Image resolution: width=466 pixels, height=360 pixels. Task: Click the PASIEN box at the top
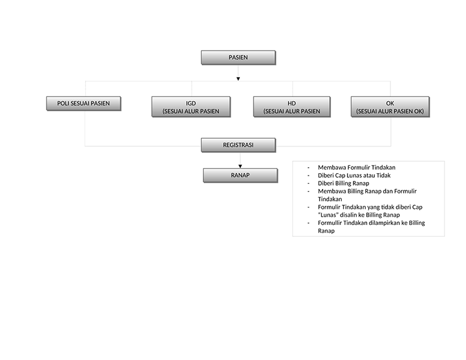pyautogui.click(x=238, y=57)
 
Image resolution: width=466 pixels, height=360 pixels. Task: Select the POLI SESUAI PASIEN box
pyautogui.click(x=83, y=104)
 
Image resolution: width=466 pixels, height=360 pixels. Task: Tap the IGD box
pyautogui.click(x=191, y=107)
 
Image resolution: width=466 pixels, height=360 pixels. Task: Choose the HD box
pyautogui.click(x=292, y=107)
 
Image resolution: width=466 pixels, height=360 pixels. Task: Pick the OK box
pyautogui.click(x=390, y=107)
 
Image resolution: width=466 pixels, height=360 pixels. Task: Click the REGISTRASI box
pyautogui.click(x=238, y=145)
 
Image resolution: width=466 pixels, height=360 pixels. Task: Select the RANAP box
pyautogui.click(x=240, y=176)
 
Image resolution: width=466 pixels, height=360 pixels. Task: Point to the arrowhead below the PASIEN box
pyautogui.click(x=238, y=79)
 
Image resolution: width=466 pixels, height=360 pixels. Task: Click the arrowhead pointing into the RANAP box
pyautogui.click(x=240, y=167)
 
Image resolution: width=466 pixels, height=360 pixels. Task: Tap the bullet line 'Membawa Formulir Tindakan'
pyautogui.click(x=356, y=168)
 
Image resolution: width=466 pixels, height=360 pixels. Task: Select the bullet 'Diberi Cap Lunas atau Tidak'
pyautogui.click(x=354, y=176)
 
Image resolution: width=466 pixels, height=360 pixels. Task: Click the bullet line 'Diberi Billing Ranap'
pyautogui.click(x=343, y=183)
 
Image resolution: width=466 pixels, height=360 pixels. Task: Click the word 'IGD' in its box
pyautogui.click(x=191, y=104)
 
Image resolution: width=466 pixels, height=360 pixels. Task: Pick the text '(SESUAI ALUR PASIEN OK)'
pyautogui.click(x=390, y=111)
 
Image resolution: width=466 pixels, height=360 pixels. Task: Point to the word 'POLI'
pyautogui.click(x=63, y=104)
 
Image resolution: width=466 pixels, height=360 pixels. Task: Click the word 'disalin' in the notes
pyautogui.click(x=349, y=215)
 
